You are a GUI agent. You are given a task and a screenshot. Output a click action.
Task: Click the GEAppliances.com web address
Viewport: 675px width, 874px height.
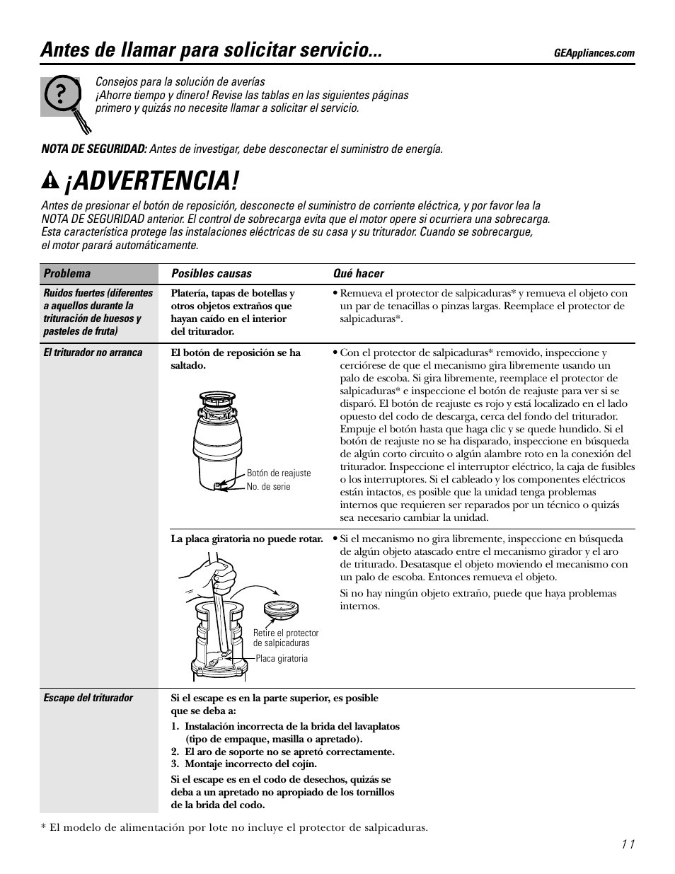[594, 53]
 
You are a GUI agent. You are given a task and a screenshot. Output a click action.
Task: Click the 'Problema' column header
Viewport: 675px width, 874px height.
[67, 274]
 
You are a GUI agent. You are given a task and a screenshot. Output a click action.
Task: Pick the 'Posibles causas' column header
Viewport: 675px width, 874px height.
[211, 274]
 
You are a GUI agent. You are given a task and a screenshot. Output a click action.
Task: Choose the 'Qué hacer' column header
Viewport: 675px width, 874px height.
[359, 274]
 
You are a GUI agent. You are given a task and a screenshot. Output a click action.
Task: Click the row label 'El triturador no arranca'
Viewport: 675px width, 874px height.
[93, 352]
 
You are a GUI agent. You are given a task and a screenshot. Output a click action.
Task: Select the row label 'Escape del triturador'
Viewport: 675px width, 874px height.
[88, 698]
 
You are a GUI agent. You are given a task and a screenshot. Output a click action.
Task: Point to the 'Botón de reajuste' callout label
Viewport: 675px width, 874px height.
[278, 473]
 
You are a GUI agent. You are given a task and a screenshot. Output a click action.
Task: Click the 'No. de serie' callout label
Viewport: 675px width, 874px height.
[268, 487]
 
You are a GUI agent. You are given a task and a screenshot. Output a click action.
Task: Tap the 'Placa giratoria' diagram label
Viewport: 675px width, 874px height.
[282, 659]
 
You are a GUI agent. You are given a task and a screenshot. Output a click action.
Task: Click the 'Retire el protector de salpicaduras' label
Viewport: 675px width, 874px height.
[286, 638]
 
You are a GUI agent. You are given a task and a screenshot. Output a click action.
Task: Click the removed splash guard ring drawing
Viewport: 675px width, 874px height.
[281, 608]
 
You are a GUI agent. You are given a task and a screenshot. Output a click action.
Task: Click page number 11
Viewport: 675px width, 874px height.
[628, 844]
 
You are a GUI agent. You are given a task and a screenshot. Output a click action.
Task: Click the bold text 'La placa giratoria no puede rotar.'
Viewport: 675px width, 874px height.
[247, 539]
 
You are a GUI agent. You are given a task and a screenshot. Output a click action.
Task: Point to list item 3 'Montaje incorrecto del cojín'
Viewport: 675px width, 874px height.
[244, 764]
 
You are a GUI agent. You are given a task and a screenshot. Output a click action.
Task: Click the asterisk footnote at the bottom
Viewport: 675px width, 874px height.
[234, 827]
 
